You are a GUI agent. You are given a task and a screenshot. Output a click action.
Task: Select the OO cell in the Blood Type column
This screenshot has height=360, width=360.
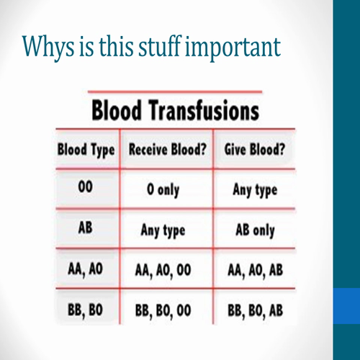tap(85, 189)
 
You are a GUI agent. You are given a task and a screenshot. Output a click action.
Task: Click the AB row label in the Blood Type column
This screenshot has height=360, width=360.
tap(85, 228)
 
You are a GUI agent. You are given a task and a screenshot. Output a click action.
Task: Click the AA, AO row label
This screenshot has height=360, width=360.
tap(85, 269)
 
